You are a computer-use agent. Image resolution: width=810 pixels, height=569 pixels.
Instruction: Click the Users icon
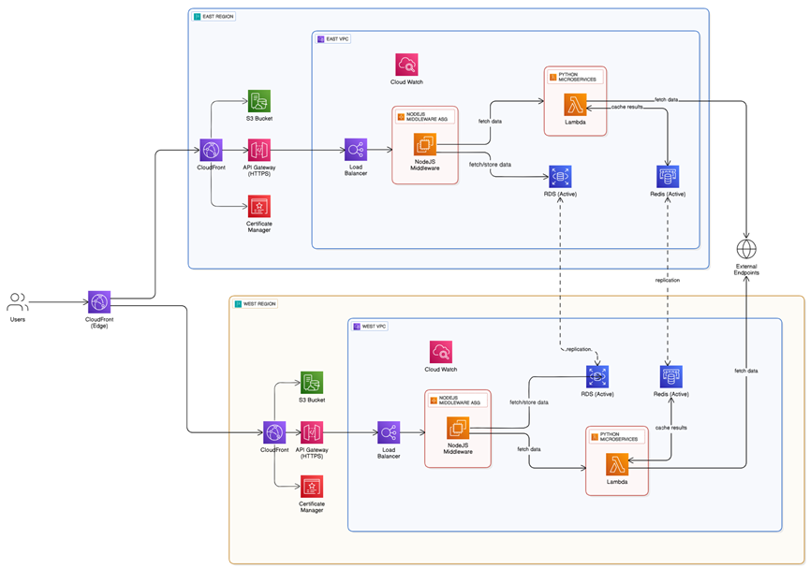click(x=18, y=301)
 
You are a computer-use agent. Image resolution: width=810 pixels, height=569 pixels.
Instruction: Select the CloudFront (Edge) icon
click(x=99, y=301)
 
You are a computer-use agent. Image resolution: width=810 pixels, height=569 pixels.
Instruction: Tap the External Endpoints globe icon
click(x=746, y=250)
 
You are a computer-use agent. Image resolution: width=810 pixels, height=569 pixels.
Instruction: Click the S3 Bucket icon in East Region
click(x=258, y=102)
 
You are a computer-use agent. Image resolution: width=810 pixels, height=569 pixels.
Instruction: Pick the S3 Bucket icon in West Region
click(x=312, y=383)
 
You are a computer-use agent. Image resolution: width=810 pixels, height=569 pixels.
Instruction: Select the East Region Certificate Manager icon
click(x=258, y=206)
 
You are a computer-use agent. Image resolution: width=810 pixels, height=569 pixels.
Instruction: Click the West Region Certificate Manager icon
click(x=312, y=487)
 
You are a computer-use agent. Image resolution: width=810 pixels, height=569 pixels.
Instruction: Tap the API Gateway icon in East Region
click(x=258, y=150)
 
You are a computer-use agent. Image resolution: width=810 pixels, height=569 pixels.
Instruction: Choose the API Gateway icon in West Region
click(x=312, y=431)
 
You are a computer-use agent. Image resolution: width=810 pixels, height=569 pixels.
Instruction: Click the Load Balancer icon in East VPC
click(x=355, y=150)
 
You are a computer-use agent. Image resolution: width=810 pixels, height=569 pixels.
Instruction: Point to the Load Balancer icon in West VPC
click(x=390, y=431)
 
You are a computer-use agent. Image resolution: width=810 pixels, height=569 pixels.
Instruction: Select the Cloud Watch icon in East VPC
click(x=406, y=65)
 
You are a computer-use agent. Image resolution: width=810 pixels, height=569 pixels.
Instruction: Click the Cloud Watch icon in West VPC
click(x=442, y=352)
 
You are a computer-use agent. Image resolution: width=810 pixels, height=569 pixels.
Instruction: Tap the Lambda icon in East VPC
click(x=575, y=104)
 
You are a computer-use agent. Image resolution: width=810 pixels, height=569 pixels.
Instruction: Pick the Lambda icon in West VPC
click(x=616, y=464)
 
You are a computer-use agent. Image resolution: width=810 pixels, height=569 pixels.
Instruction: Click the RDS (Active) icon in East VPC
click(x=560, y=176)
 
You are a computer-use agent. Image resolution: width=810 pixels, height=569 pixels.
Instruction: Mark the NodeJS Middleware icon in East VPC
click(x=425, y=144)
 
